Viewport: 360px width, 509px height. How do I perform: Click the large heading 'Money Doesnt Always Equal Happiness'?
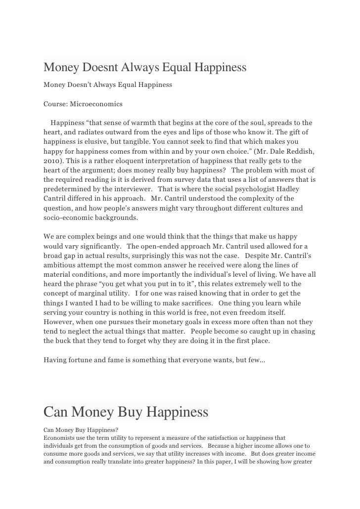click(145, 67)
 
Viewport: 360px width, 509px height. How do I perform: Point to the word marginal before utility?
click(93, 293)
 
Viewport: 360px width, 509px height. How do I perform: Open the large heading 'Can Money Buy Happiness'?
click(126, 412)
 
